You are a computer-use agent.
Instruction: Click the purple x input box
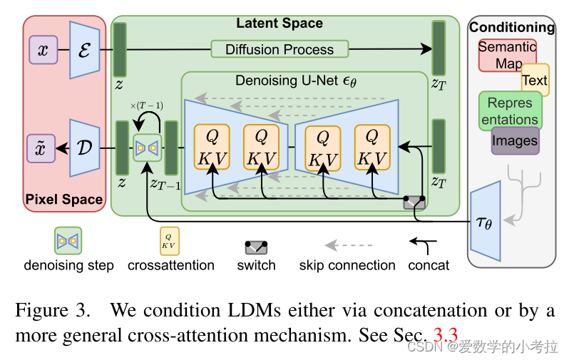[42, 50]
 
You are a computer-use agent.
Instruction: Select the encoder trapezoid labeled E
[83, 50]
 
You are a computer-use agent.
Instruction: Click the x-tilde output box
[42, 148]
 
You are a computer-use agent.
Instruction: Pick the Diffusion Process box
[280, 49]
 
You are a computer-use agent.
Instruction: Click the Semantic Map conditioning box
[506, 55]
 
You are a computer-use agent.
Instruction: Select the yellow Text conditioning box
[534, 80]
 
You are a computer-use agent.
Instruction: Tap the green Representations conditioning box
[510, 110]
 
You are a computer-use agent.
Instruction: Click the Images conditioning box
[515, 140]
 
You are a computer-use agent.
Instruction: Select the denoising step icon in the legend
[68, 241]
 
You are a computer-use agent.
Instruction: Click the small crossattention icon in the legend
[170, 241]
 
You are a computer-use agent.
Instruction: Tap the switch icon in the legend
[256, 247]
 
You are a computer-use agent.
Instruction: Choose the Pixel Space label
[63, 199]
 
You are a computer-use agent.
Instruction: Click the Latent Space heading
[280, 23]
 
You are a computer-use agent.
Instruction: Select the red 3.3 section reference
[450, 333]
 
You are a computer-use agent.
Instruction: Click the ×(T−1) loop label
[148, 106]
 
